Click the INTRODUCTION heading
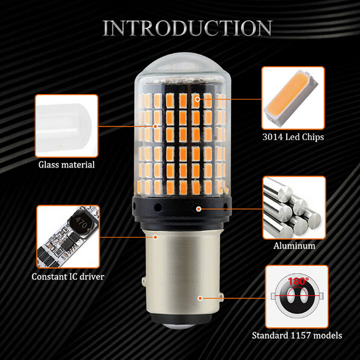(187, 28)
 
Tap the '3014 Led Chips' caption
(293, 137)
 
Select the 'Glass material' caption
(67, 165)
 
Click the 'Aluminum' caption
(294, 246)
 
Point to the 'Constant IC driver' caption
(68, 277)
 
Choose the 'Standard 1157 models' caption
(297, 335)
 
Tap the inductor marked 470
(81, 223)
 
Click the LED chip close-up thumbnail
(293, 98)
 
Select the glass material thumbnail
(67, 126)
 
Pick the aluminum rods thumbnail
(294, 208)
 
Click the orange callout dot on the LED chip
(198, 99)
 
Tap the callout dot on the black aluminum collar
(199, 209)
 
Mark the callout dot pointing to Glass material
(155, 126)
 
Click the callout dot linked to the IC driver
(155, 237)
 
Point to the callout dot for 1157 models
(200, 298)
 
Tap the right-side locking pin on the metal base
(221, 296)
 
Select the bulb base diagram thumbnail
(297, 297)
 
